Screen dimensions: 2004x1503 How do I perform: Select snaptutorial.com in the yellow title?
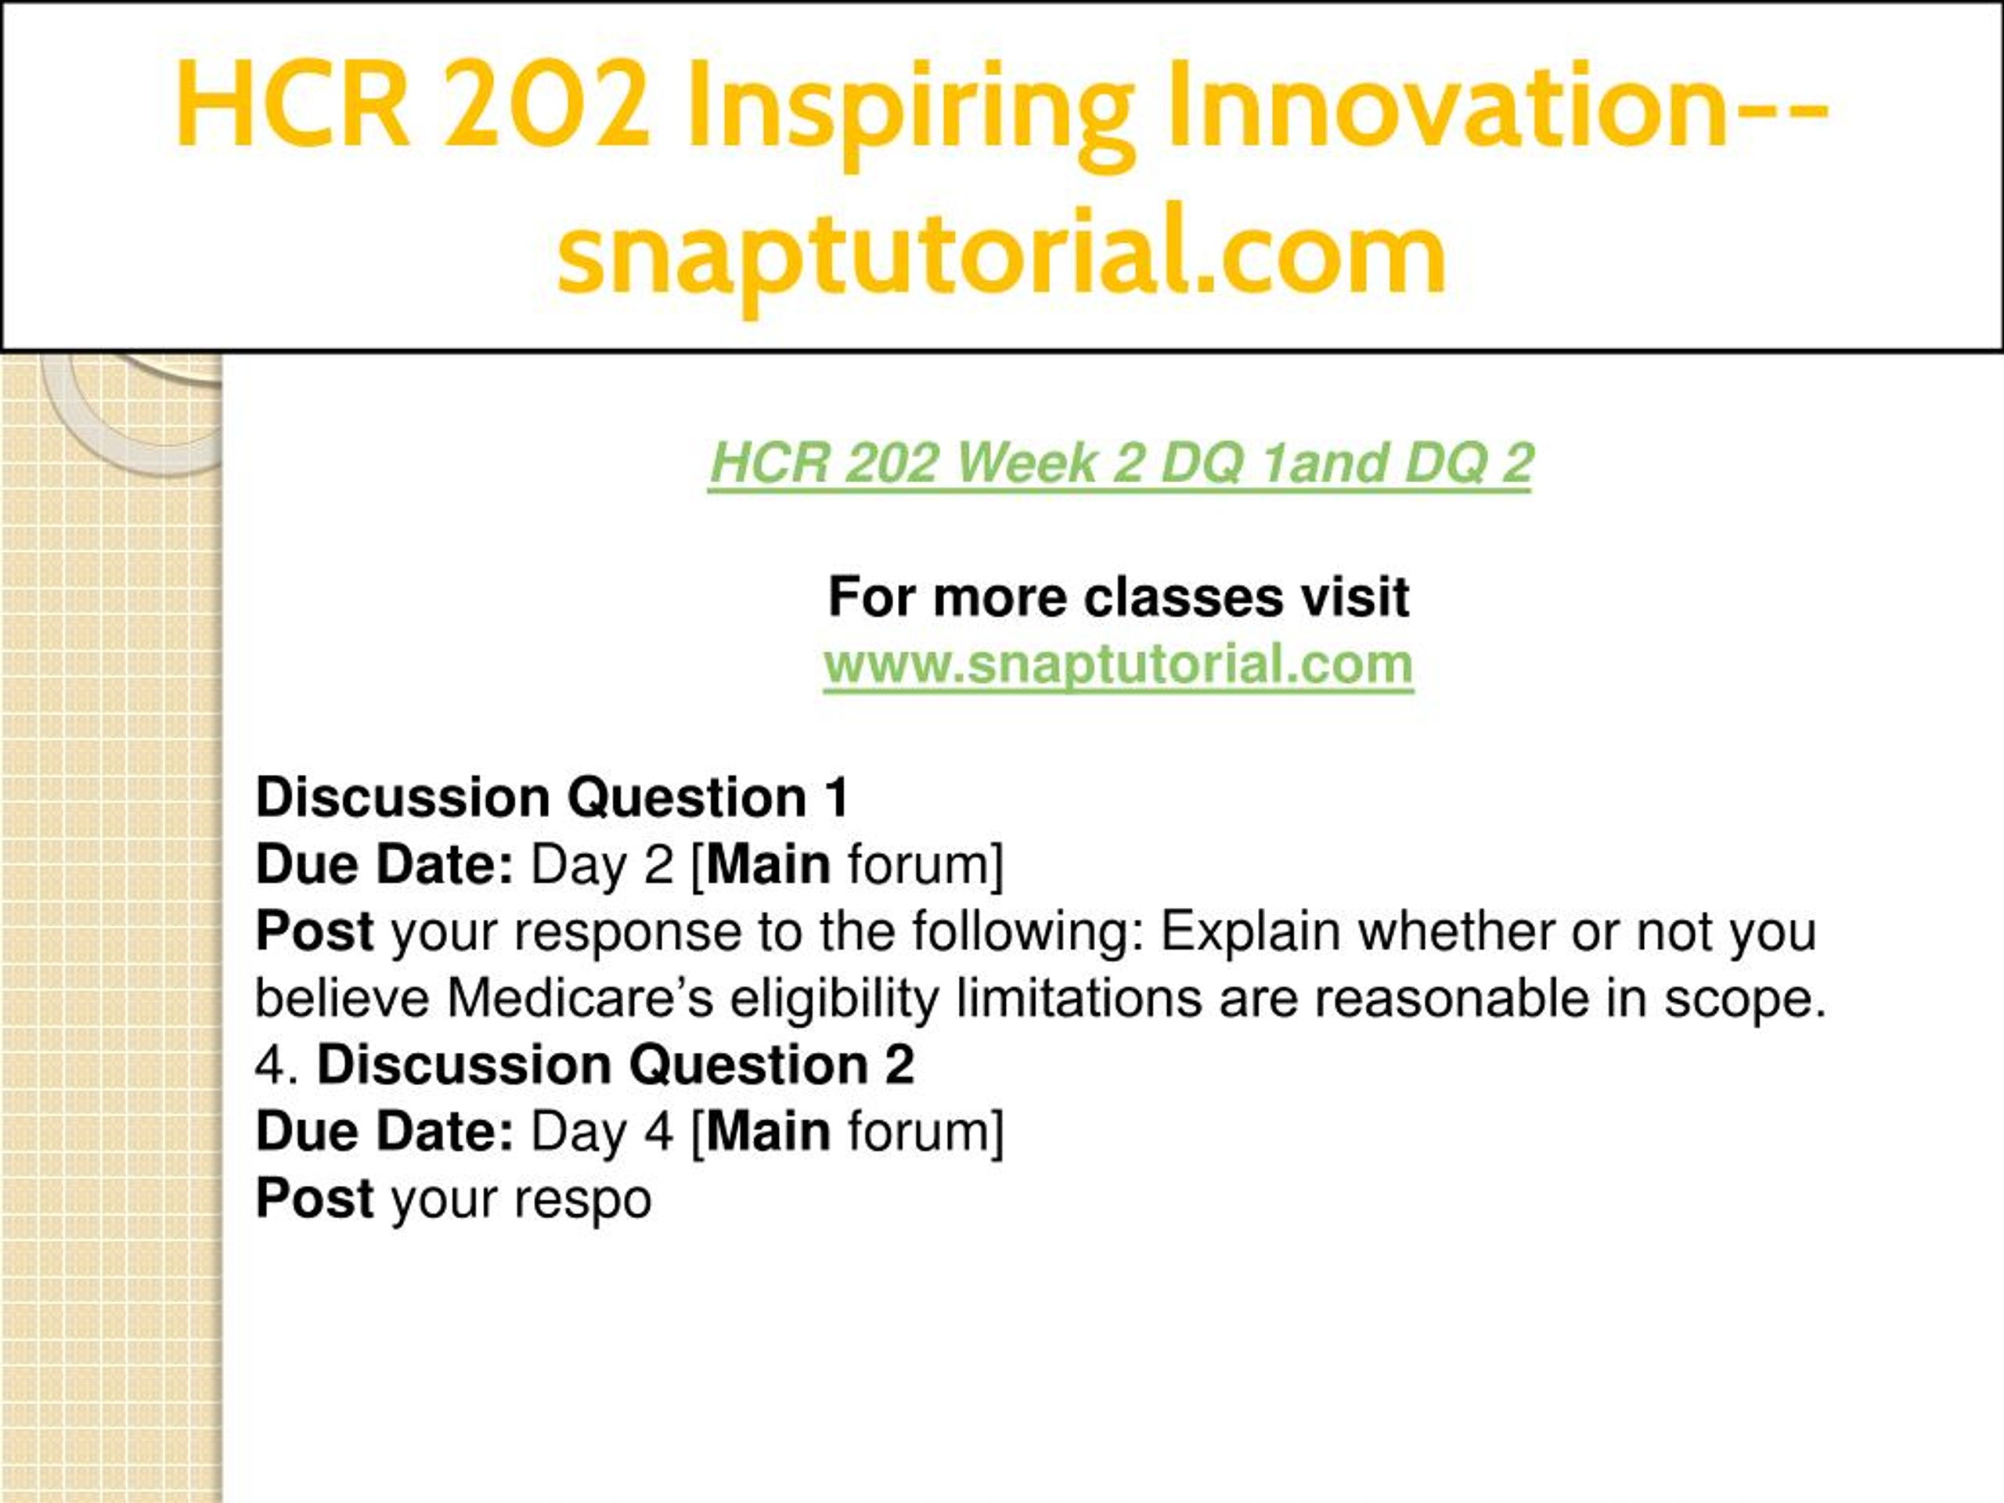coord(1002,254)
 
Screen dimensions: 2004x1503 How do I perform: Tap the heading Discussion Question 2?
coord(616,1065)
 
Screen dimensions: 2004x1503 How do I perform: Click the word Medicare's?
coord(581,998)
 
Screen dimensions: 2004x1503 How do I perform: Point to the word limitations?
coord(1080,998)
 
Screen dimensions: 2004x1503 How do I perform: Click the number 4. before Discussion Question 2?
coord(277,1065)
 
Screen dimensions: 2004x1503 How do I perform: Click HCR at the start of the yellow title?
coord(292,104)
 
